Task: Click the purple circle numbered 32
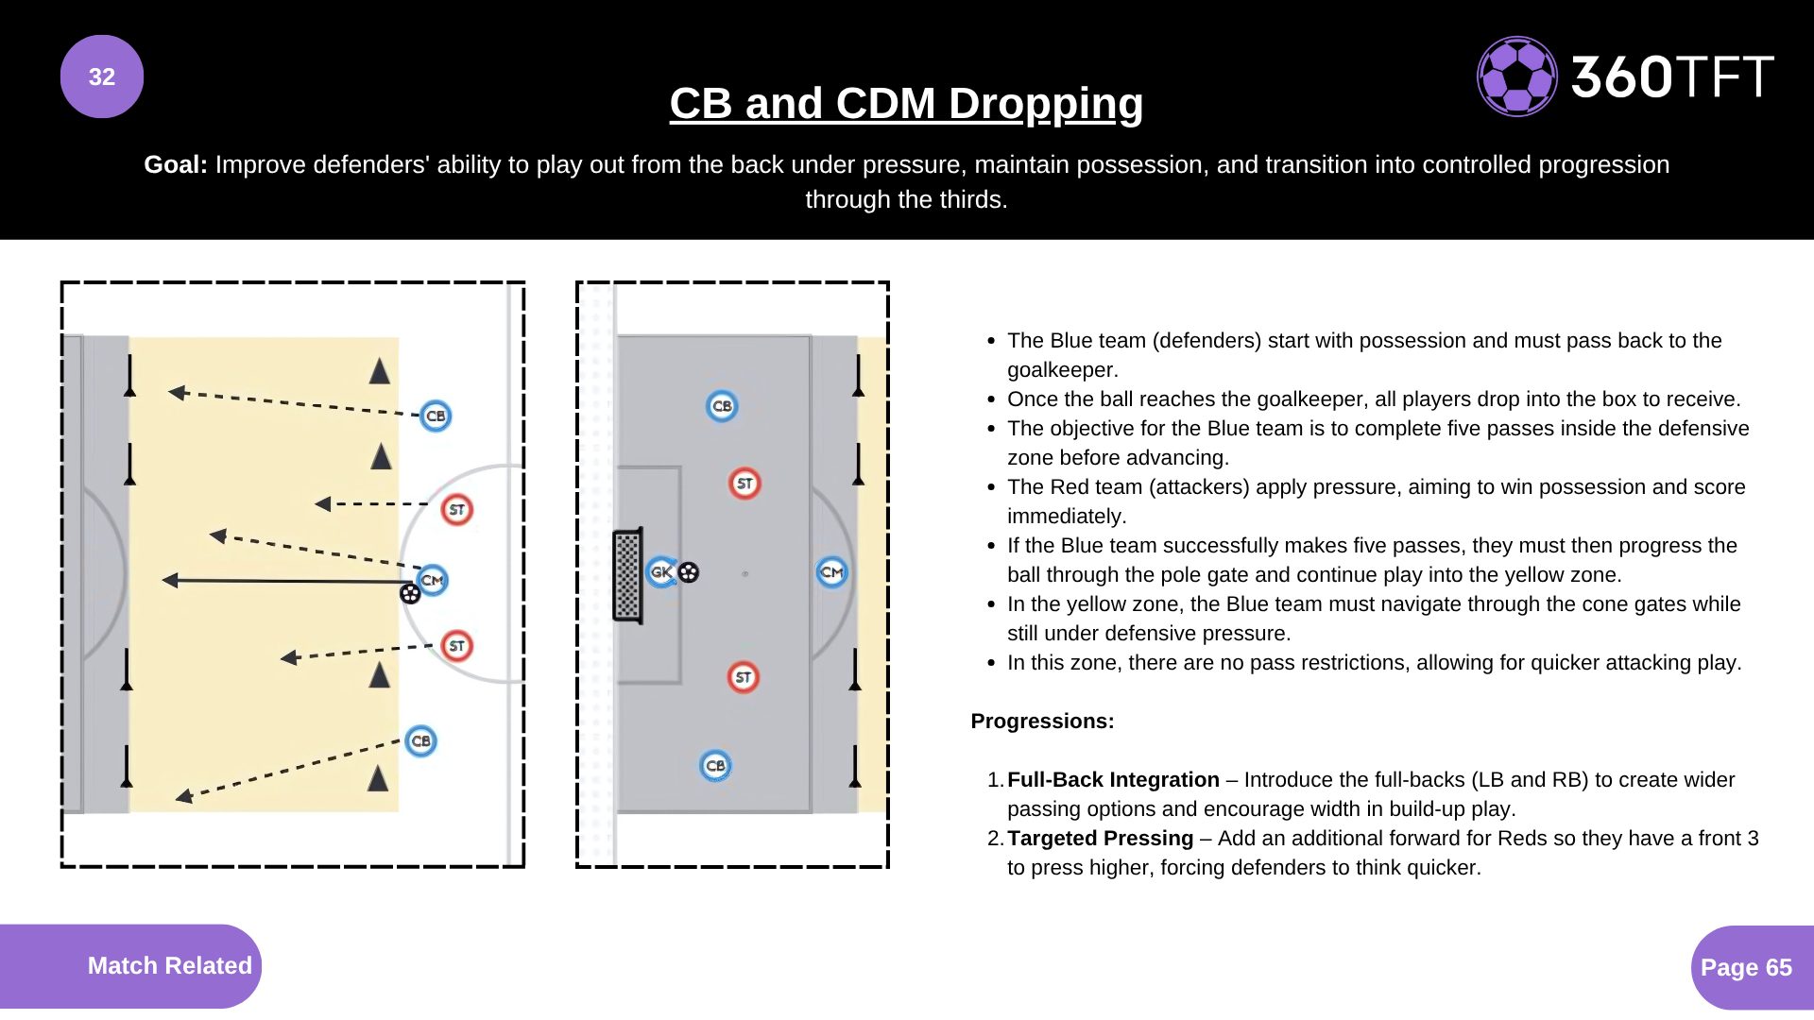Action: click(102, 76)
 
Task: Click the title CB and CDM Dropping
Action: click(906, 103)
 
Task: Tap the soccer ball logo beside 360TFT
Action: click(1516, 76)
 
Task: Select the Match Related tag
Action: click(169, 965)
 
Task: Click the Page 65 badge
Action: click(1746, 967)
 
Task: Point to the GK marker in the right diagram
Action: click(661, 571)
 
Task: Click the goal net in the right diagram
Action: click(627, 575)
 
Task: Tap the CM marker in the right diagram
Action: click(831, 571)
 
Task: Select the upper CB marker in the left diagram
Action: click(436, 416)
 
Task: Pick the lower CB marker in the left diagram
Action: click(420, 740)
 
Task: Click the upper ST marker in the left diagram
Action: click(457, 509)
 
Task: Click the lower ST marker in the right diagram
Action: click(744, 677)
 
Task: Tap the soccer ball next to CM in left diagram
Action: click(410, 593)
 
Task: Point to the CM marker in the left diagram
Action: click(433, 579)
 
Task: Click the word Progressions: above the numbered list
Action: click(1042, 721)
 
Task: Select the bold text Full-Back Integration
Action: click(1113, 779)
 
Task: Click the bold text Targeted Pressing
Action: click(1100, 838)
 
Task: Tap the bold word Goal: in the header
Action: click(175, 164)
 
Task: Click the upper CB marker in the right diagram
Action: click(722, 406)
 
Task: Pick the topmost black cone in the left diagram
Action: click(380, 371)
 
